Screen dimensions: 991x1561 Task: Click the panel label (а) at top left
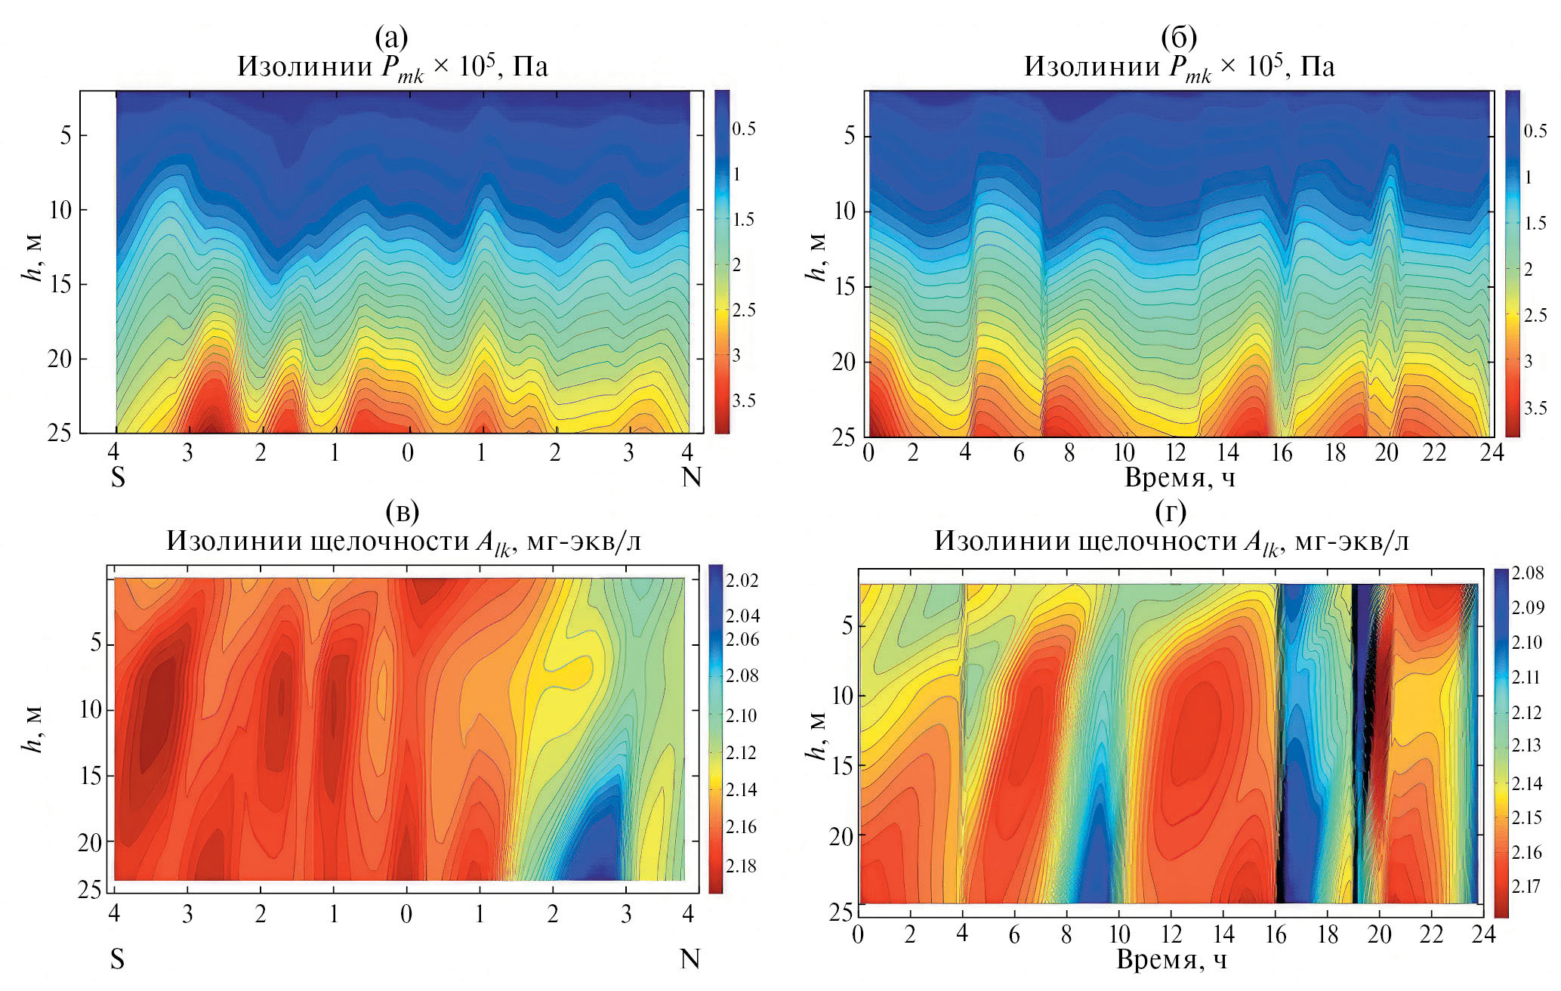(391, 36)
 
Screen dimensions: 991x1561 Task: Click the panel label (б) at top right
(1179, 36)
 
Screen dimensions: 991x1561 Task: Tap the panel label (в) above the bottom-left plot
(402, 511)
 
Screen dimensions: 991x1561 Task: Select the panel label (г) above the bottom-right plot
(1171, 511)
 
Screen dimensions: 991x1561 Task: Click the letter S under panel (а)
(118, 477)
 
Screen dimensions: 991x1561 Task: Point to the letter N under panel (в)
(690, 959)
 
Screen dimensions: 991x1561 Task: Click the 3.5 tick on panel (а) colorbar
(744, 400)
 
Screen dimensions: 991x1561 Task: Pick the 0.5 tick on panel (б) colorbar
(1535, 131)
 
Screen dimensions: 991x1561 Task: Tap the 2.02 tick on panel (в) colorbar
(742, 580)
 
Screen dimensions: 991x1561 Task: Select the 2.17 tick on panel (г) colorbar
(1526, 886)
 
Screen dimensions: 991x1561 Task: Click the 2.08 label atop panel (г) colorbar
(1528, 573)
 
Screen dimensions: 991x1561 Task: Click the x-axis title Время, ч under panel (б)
(1180, 477)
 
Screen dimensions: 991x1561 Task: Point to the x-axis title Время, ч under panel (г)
(1171, 959)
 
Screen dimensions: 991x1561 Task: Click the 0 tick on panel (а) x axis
(408, 452)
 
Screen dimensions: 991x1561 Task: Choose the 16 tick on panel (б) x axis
(1282, 452)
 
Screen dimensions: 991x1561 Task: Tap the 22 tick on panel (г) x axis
(1432, 934)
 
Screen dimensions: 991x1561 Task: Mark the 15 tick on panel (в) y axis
(90, 776)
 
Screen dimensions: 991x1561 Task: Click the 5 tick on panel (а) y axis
(66, 135)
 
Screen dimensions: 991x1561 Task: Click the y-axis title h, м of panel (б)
(817, 257)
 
